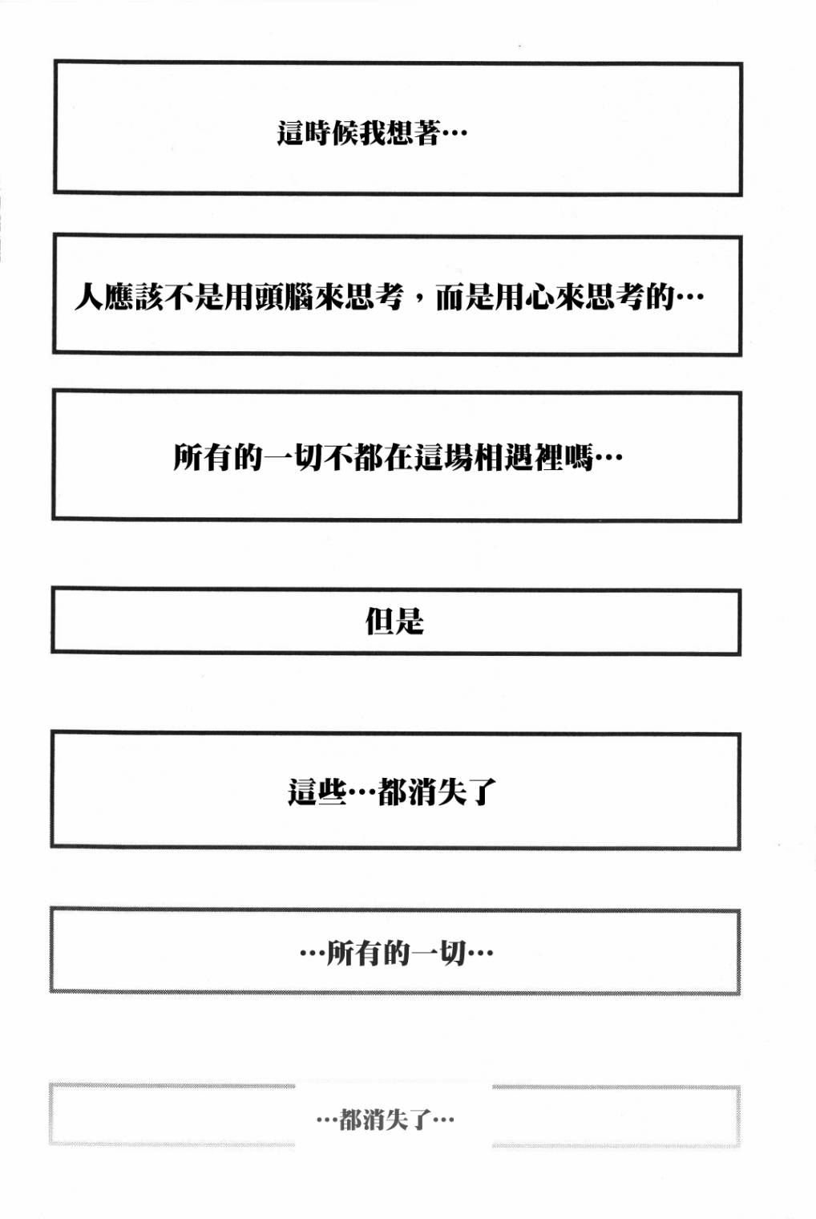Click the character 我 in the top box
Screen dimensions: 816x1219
[x=372, y=132]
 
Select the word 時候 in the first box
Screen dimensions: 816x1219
[x=331, y=132]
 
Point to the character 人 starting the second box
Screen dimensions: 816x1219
[x=89, y=297]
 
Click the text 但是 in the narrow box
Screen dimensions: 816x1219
[x=394, y=621]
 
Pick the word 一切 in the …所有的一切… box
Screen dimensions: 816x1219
[x=438, y=953]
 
